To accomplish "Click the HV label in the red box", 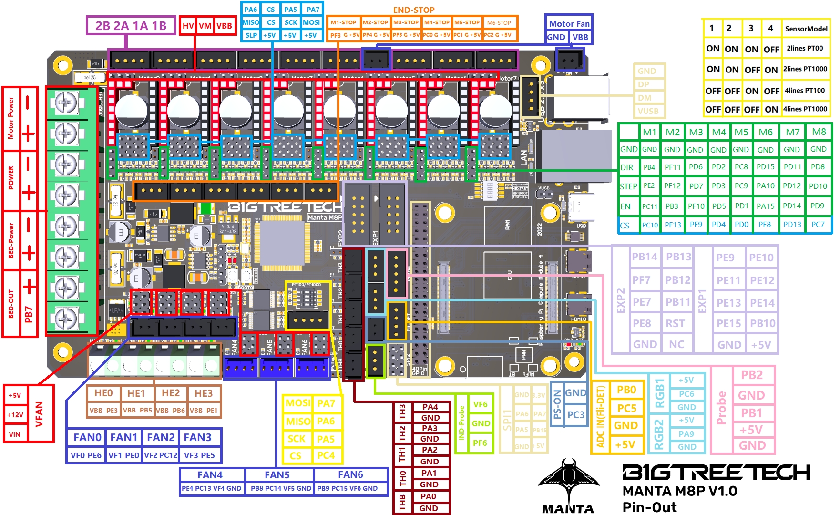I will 188,26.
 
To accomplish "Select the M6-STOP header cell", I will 499,22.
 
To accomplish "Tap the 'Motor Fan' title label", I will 569,24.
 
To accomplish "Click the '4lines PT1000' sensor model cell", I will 805,109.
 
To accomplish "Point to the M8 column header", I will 819,132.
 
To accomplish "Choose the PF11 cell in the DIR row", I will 672,167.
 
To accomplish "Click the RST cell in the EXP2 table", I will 675,324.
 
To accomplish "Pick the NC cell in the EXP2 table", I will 676,344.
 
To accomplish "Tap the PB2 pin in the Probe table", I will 751,375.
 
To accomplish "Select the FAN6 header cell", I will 350,475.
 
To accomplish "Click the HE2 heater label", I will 171,393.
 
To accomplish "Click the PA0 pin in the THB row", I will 428,496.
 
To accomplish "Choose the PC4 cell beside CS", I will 326,456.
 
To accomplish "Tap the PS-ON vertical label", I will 557,405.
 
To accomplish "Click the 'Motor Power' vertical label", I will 10,119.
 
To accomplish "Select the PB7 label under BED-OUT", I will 29,314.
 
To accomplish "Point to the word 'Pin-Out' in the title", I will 649,507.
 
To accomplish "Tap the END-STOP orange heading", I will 413,10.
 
